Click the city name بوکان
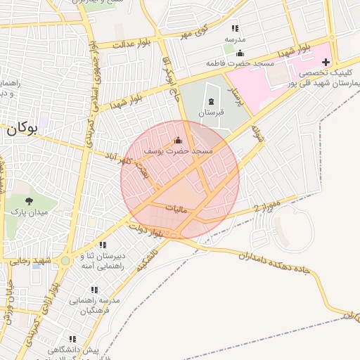tap(22, 129)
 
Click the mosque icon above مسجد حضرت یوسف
tap(177, 140)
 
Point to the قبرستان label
tap(211, 112)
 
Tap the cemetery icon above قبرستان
tap(211, 102)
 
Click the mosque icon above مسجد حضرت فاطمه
tap(240, 53)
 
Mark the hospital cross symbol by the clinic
tap(326, 63)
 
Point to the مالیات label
tap(178, 209)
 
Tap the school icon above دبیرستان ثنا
tap(103, 245)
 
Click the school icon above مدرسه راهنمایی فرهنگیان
tap(96, 291)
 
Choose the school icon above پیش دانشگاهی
tap(72, 339)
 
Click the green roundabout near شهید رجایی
tap(65, 261)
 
